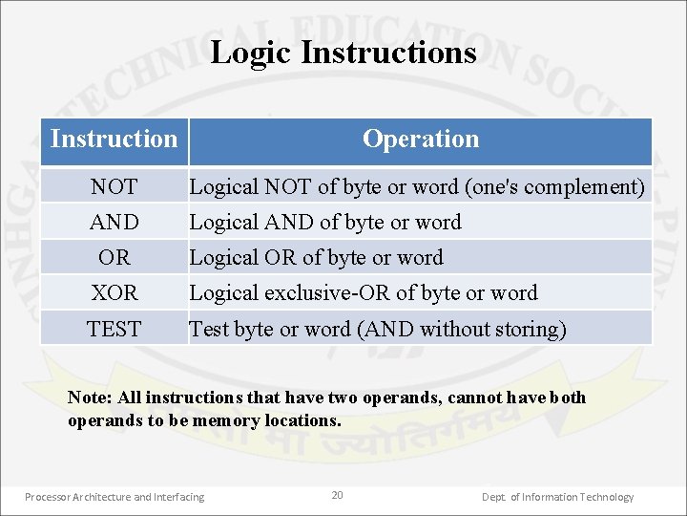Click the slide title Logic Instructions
tap(343, 52)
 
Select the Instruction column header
tap(114, 140)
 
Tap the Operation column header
tap(420, 140)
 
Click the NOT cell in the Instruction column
tap(114, 187)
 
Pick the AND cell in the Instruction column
tap(114, 223)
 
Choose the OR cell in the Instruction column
tap(114, 258)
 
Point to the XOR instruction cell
tap(114, 293)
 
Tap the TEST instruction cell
tap(114, 330)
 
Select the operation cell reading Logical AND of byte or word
tap(325, 223)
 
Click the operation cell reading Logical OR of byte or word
tap(316, 258)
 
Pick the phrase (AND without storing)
tap(462, 330)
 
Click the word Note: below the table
tap(89, 398)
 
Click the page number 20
tap(337, 495)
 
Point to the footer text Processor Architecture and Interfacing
tap(114, 497)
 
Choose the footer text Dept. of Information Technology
tap(557, 497)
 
